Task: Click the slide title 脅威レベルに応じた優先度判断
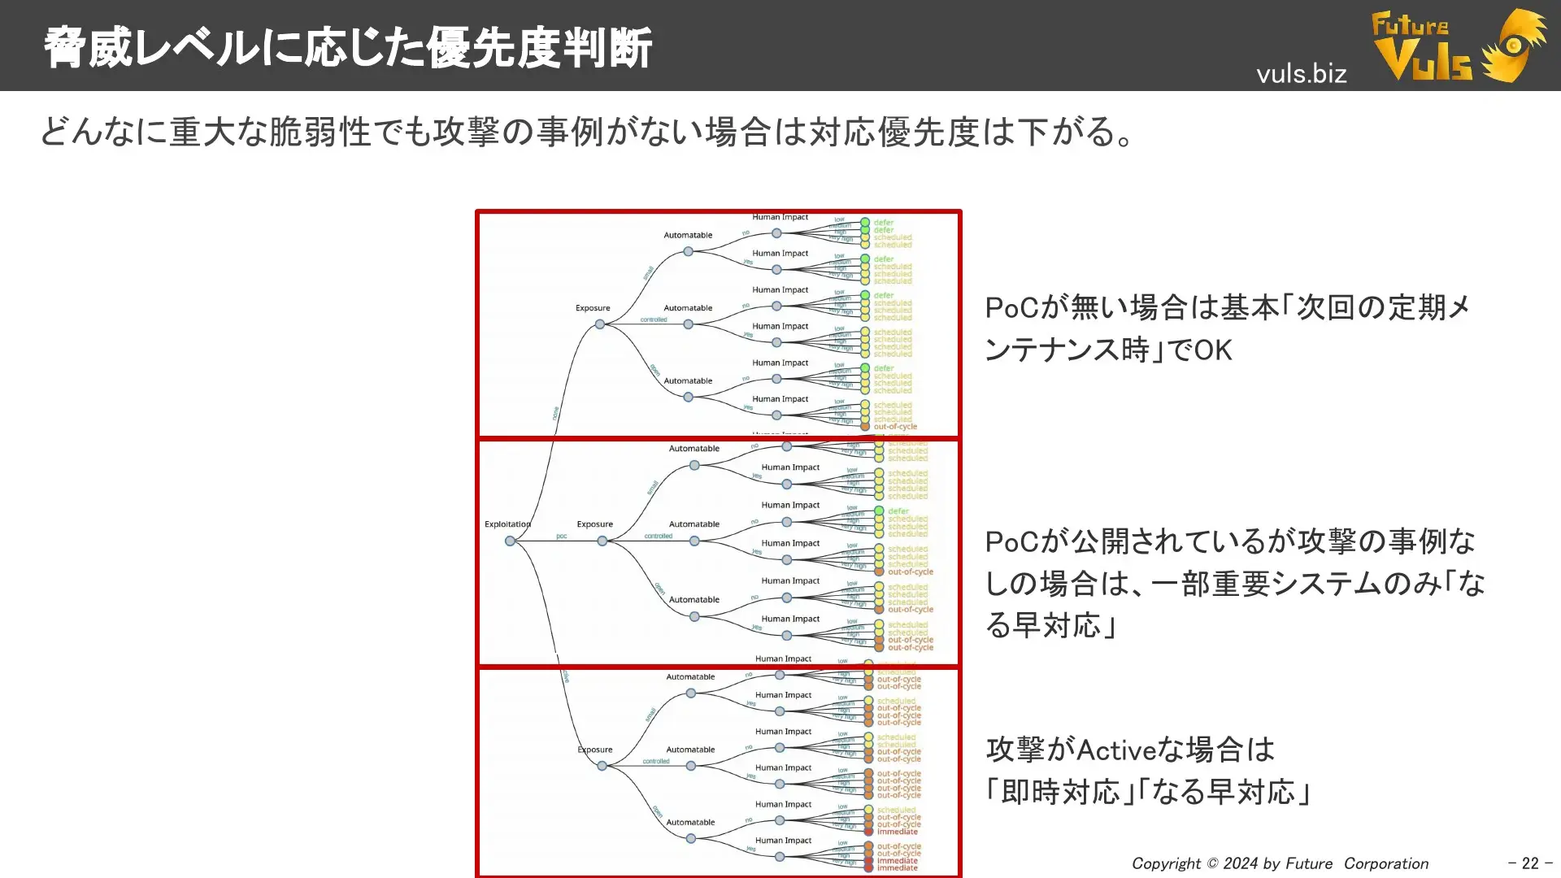tap(347, 48)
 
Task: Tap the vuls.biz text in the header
tap(1301, 74)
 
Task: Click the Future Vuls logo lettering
tap(1422, 49)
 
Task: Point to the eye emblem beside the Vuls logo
tap(1515, 46)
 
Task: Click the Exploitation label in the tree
tap(507, 524)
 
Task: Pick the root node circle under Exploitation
tap(510, 541)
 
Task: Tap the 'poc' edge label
tap(561, 536)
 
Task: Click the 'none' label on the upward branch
tap(556, 413)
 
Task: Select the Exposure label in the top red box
tap(593, 308)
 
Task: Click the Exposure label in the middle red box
tap(594, 524)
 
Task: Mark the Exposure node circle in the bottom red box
tap(602, 766)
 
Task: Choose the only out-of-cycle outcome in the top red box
tap(895, 427)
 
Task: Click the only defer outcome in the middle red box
tap(898, 511)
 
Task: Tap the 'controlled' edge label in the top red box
tap(653, 319)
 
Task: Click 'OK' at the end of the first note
tap(1213, 350)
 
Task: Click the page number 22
tap(1530, 863)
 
